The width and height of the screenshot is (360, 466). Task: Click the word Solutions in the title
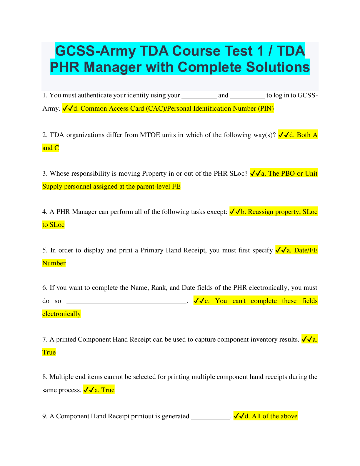tap(278, 67)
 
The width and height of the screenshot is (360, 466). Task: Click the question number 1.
tap(45, 95)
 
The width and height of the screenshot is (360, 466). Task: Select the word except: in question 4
tap(217, 212)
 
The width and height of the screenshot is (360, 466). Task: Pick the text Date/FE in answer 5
tap(306, 250)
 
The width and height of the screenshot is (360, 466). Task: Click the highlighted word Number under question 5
tap(54, 263)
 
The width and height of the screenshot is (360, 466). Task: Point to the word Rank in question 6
tap(159, 288)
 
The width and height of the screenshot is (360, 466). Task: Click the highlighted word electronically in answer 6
tap(61, 314)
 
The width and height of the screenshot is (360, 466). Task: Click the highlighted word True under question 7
tap(49, 352)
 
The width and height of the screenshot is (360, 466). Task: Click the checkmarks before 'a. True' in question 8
tap(89, 390)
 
